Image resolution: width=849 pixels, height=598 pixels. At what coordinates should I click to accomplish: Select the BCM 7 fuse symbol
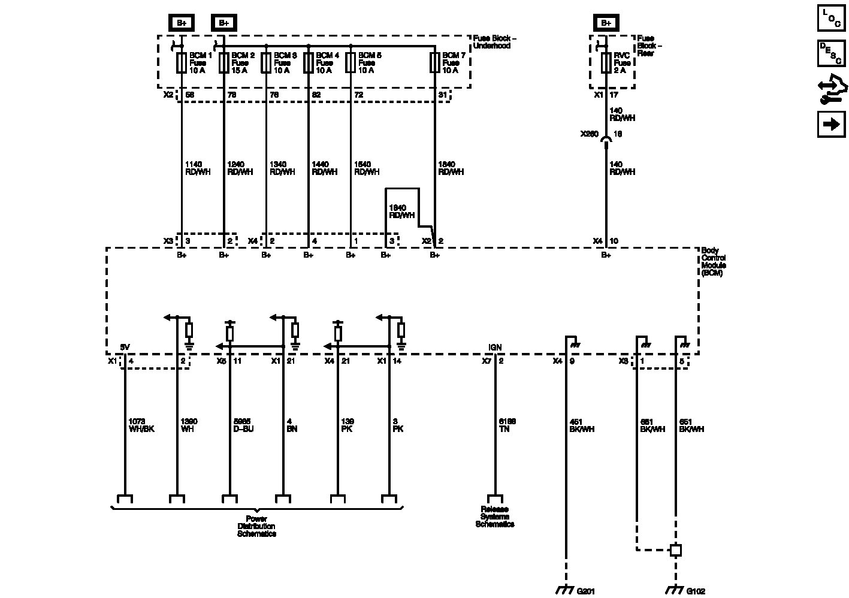434,62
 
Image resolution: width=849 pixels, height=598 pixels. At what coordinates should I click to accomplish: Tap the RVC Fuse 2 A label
622,62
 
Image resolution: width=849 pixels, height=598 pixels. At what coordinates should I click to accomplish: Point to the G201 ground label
586,590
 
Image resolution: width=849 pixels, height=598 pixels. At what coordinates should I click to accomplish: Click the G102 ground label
695,590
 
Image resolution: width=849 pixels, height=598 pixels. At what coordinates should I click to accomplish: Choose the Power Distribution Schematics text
256,526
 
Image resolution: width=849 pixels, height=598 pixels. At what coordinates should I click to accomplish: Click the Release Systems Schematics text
494,517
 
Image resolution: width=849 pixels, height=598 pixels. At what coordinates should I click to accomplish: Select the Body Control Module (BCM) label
713,261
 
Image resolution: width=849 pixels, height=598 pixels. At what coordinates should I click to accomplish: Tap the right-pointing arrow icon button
831,125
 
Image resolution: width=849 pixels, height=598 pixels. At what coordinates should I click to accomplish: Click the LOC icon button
831,17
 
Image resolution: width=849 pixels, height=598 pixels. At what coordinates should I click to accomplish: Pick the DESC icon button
831,53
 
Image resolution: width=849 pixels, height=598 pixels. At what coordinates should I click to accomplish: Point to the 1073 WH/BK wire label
141,425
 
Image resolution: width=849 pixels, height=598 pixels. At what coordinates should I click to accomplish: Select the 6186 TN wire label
507,425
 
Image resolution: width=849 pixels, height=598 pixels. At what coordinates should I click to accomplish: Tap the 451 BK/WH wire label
582,425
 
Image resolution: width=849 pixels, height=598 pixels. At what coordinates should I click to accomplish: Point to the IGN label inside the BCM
495,348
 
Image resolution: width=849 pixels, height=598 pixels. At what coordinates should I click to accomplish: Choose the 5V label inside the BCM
125,348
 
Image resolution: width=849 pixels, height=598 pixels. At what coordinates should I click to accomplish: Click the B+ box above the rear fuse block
606,23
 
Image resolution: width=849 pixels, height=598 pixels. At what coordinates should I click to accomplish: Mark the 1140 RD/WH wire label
198,168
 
